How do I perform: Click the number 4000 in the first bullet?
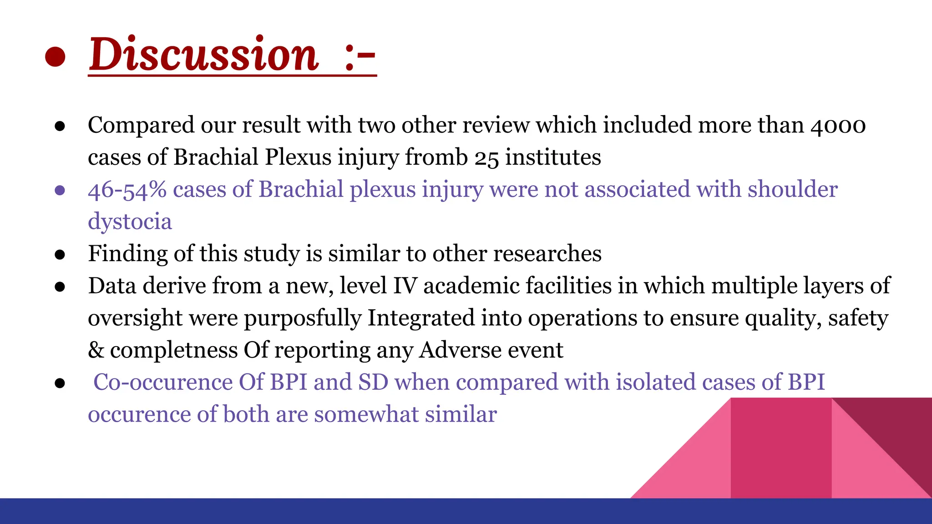click(x=838, y=125)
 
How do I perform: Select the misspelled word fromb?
click(x=436, y=157)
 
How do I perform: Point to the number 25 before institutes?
click(x=486, y=158)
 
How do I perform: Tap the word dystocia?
click(x=130, y=222)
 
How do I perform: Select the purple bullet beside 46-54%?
click(x=60, y=190)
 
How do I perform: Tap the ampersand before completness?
click(x=96, y=350)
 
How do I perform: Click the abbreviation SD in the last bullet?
click(x=373, y=382)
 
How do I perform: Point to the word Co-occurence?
click(x=162, y=382)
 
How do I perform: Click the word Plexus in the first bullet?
click(x=298, y=157)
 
